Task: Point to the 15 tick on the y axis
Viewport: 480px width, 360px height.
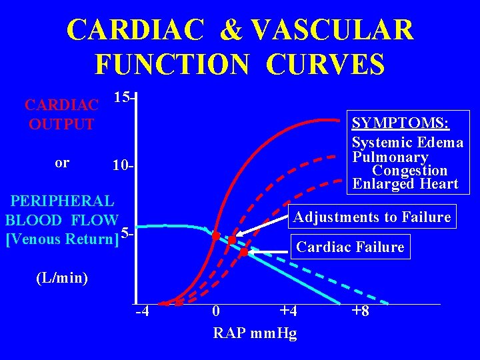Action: click(124, 98)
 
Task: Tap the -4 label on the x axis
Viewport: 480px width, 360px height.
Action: click(142, 312)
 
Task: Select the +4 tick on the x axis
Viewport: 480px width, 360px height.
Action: click(287, 312)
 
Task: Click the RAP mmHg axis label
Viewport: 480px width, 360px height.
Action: click(255, 333)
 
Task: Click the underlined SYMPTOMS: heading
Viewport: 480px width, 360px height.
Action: click(401, 123)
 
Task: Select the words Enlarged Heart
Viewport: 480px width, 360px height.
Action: click(405, 184)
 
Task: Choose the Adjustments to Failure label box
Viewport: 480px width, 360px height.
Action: click(372, 217)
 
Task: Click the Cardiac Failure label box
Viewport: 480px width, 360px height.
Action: click(350, 247)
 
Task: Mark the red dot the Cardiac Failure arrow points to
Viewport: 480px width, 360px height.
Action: click(243, 252)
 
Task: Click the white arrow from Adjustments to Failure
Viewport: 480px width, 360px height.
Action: click(261, 227)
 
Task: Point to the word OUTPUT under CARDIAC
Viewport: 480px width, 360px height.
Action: click(61, 125)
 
